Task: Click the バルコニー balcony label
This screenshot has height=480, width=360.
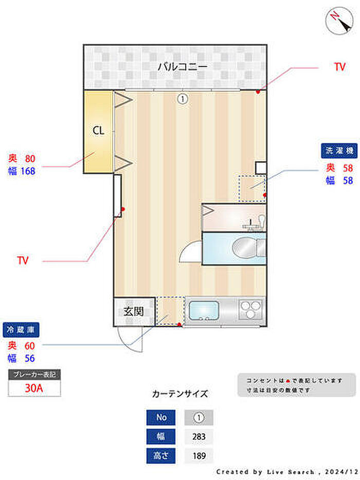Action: [x=182, y=66]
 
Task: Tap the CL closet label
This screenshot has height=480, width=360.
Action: [x=98, y=131]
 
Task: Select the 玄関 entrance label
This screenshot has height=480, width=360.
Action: [x=133, y=311]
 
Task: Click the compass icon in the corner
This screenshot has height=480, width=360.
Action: [x=337, y=21]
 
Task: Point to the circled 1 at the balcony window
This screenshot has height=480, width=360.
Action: [x=183, y=98]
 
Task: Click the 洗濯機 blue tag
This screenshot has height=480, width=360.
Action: [x=339, y=150]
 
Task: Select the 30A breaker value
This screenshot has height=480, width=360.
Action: [x=34, y=388]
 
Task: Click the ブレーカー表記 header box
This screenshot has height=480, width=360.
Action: [x=34, y=375]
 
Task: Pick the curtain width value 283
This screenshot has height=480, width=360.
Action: [x=199, y=437]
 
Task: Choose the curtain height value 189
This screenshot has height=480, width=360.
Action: [x=199, y=456]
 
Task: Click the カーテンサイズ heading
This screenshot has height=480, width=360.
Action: [x=180, y=394]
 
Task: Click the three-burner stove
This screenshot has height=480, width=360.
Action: [x=251, y=311]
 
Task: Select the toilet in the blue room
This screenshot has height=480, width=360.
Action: [x=246, y=248]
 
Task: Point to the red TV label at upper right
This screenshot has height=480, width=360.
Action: [x=339, y=67]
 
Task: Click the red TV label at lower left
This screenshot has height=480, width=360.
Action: [x=23, y=261]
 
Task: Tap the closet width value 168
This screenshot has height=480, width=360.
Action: [x=28, y=171]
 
